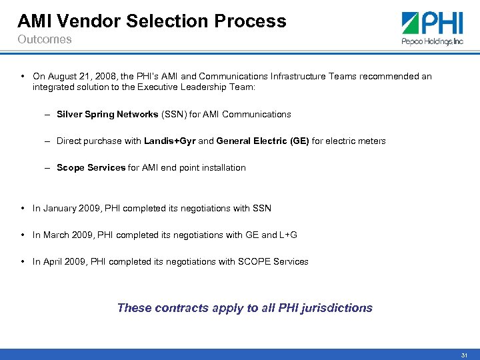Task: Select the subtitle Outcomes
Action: [x=44, y=39]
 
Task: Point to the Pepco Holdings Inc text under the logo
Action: [x=431, y=41]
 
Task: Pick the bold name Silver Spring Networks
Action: [x=107, y=114]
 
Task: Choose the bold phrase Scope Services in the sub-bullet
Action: [x=91, y=167]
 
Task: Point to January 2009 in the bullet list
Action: [x=69, y=208]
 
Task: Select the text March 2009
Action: [x=65, y=235]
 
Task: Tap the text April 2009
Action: [x=63, y=261]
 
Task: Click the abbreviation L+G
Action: [x=288, y=235]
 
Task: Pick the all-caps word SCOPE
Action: [x=254, y=261]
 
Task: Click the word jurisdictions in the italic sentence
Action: [x=337, y=308]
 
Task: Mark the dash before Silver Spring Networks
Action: [x=49, y=114]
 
